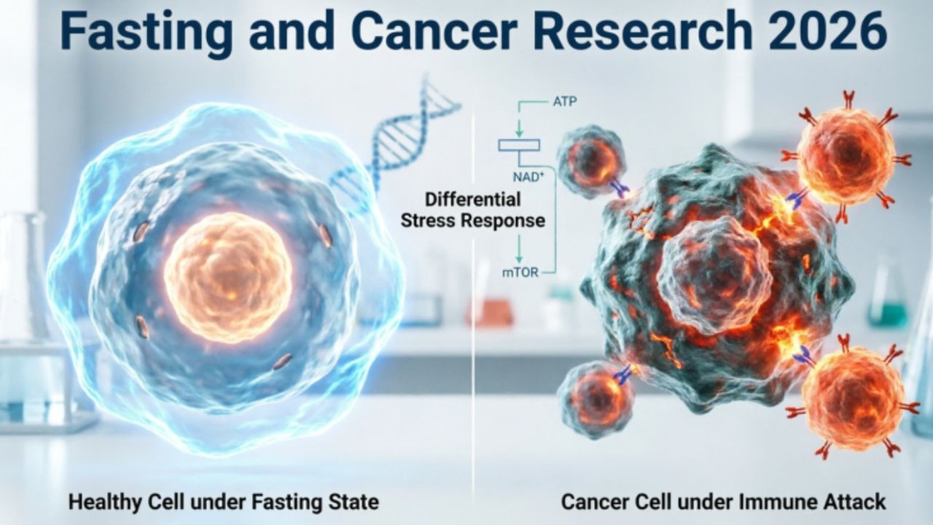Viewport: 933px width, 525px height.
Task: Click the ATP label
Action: [x=565, y=102]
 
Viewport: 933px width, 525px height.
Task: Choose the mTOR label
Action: [x=520, y=273]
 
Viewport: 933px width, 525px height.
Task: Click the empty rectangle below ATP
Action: [x=519, y=145]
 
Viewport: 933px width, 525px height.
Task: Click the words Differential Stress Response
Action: [x=473, y=210]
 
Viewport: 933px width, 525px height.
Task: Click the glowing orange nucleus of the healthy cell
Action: [x=228, y=277]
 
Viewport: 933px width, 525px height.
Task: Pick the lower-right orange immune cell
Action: [x=853, y=396]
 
